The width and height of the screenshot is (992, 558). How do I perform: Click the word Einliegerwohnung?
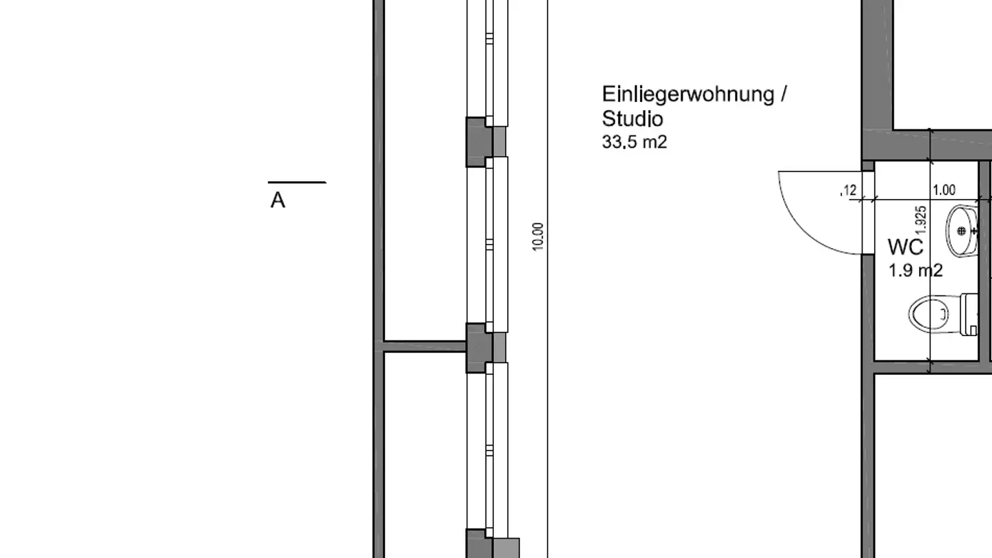click(688, 94)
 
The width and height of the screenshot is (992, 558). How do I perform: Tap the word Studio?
click(632, 118)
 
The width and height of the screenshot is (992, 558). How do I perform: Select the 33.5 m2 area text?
click(634, 142)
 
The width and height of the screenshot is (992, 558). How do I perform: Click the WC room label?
click(905, 247)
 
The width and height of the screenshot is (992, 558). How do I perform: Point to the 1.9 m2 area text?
click(916, 270)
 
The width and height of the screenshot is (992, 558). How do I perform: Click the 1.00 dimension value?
click(944, 190)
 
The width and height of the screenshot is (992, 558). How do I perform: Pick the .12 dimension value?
click(849, 190)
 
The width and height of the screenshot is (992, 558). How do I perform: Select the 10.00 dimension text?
click(539, 236)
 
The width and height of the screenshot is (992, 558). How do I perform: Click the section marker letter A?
click(278, 200)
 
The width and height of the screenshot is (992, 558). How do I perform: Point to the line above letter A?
click(297, 183)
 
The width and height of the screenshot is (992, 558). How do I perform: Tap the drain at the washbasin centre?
click(962, 231)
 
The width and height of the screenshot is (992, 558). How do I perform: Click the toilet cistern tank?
click(970, 314)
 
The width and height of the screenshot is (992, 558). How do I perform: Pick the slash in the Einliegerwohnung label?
click(783, 94)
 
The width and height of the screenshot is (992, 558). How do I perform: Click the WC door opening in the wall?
click(868, 212)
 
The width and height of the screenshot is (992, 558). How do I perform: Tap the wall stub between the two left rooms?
click(424, 347)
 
